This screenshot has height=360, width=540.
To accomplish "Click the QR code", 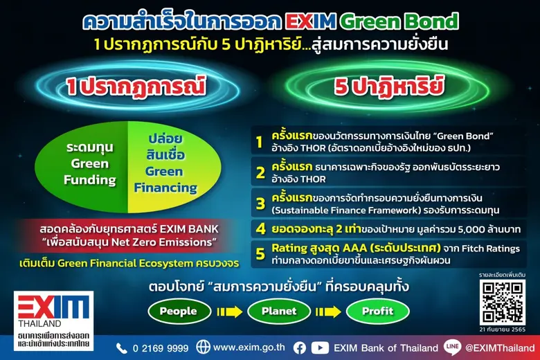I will (x=503, y=302).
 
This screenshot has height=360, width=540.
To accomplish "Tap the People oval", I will (x=179, y=312).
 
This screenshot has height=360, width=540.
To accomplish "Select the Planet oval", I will (x=279, y=312).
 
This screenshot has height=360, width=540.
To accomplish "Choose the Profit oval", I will (x=377, y=312).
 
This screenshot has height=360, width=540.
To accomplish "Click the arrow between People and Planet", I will (x=229, y=312).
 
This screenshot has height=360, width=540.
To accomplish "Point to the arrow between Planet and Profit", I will (x=328, y=312).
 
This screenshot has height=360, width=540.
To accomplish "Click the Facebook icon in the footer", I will (x=300, y=348).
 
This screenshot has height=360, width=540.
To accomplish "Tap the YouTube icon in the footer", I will (x=320, y=348).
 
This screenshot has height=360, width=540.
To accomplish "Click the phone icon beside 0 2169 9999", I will (x=122, y=348).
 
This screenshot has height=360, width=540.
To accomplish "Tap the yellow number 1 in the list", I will (x=260, y=143).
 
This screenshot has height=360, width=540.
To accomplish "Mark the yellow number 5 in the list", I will (x=260, y=253).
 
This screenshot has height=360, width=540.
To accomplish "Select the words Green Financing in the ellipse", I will (x=165, y=179).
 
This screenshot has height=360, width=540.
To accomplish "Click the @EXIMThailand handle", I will (x=499, y=348).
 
